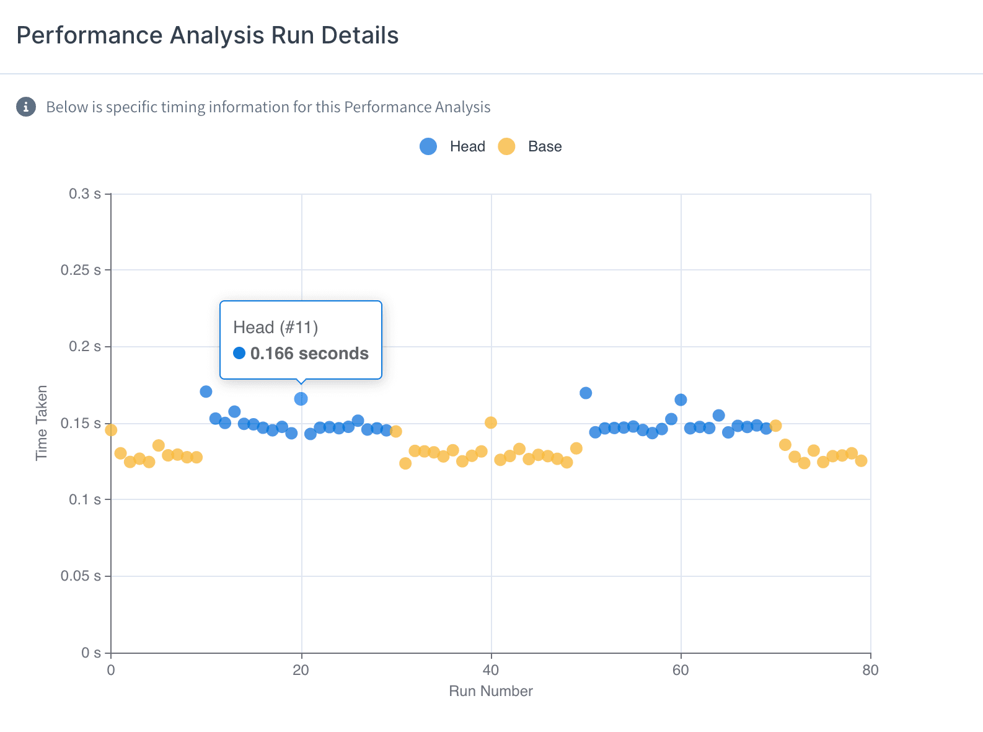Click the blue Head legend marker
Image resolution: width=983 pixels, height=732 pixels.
(428, 146)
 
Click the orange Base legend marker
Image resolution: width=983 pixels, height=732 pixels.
(507, 146)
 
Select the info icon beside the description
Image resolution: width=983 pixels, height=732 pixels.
(26, 107)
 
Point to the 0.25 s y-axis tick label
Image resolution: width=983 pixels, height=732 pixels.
(81, 270)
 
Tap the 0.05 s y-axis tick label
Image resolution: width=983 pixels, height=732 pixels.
(81, 576)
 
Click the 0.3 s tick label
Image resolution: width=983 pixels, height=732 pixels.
(85, 194)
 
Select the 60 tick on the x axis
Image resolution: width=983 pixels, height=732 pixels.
(681, 670)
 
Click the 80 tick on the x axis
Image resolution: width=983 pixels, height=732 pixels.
(870, 670)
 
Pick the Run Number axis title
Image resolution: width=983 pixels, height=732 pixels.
(491, 691)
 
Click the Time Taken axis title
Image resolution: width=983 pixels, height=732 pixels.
(42, 423)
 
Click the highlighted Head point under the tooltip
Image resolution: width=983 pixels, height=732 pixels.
(301, 399)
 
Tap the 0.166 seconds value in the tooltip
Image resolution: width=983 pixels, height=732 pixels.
(309, 354)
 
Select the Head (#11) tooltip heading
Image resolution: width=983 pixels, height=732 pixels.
(275, 328)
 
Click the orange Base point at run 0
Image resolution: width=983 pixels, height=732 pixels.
(111, 430)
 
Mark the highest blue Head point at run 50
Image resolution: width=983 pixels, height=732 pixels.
(586, 393)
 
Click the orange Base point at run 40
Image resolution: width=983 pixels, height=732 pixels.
(491, 422)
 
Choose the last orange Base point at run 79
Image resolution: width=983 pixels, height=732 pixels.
(861, 460)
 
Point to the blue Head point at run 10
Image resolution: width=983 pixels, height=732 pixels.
(206, 391)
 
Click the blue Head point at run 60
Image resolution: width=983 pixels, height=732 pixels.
(681, 399)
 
